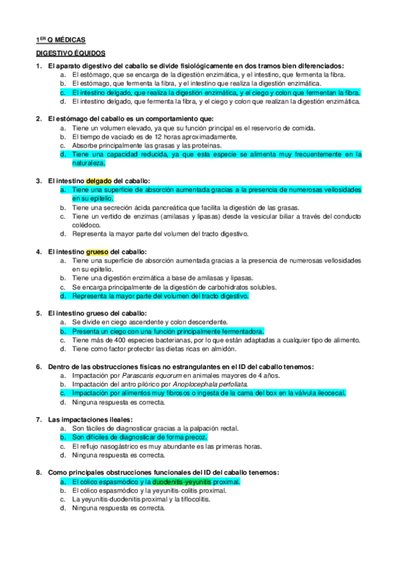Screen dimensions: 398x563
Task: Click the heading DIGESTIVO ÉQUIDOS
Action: coord(70,52)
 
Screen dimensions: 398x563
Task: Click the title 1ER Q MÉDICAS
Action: coord(60,40)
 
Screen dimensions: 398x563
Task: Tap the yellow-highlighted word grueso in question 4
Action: coord(97,252)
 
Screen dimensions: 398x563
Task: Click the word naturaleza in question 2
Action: coord(88,163)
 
